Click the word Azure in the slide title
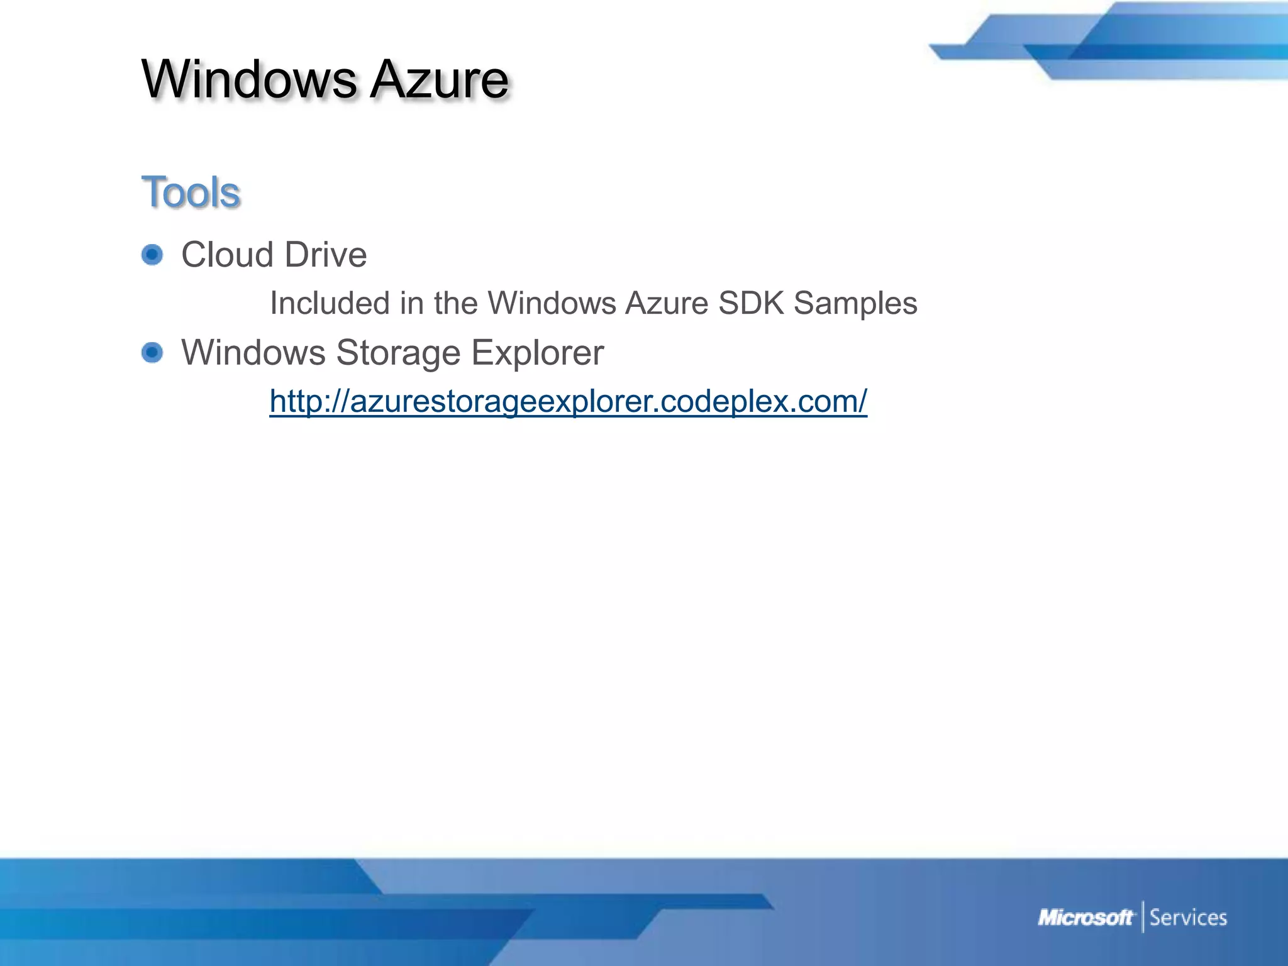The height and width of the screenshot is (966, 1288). pyautogui.click(x=439, y=80)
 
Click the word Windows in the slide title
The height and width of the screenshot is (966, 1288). pyautogui.click(x=249, y=80)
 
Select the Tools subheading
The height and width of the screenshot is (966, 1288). pyautogui.click(x=191, y=192)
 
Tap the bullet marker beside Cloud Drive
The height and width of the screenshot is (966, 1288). pyautogui.click(x=152, y=255)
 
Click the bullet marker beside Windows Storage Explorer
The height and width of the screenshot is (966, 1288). pyautogui.click(x=152, y=352)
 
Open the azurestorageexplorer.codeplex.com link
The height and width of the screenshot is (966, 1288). pyautogui.click(x=568, y=401)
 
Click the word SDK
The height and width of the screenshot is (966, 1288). pyautogui.click(x=751, y=303)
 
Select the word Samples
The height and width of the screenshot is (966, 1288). pyautogui.click(x=855, y=303)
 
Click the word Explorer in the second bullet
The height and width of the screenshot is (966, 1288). pyautogui.click(x=537, y=352)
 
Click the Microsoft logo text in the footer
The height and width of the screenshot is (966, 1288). pyautogui.click(x=1085, y=918)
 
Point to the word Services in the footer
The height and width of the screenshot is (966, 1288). pyautogui.click(x=1188, y=918)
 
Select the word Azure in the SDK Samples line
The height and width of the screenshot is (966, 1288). pyautogui.click(x=667, y=303)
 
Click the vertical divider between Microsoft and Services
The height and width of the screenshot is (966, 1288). pyautogui.click(x=1143, y=917)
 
